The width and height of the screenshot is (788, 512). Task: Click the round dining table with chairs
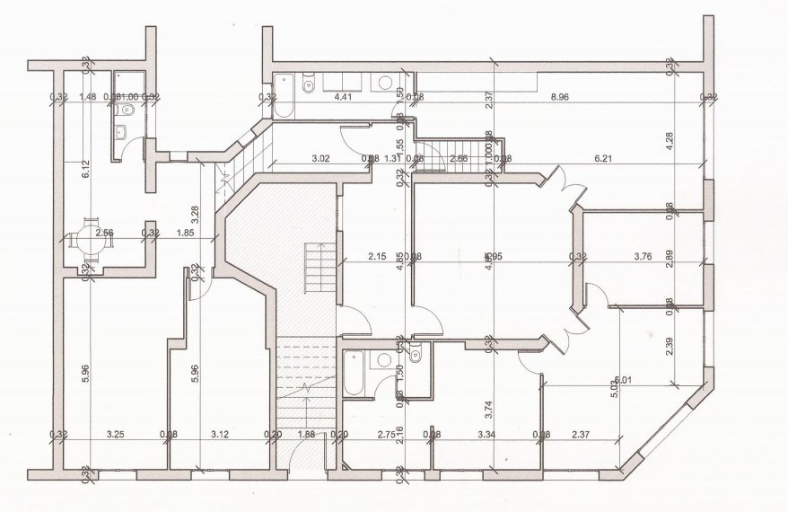pyautogui.click(x=89, y=239)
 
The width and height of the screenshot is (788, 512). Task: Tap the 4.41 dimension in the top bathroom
pyautogui.click(x=342, y=96)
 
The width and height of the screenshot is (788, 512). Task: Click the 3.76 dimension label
pyautogui.click(x=643, y=256)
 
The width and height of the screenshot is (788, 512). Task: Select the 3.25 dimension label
pyautogui.click(x=115, y=436)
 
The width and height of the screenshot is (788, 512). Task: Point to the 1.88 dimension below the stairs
pyautogui.click(x=305, y=436)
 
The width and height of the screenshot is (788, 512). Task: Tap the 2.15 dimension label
pyautogui.click(x=376, y=256)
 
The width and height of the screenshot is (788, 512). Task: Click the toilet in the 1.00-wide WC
pyautogui.click(x=126, y=110)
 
